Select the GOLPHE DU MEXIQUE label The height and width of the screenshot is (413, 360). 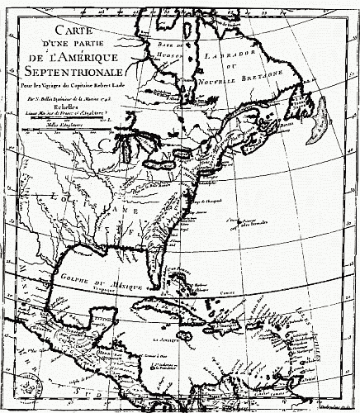point(86,275)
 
